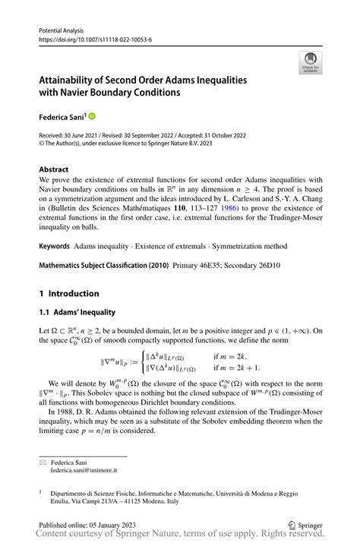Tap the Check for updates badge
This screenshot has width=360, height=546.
point(310,64)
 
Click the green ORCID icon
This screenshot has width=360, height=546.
point(93,117)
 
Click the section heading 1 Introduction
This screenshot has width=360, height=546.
point(69,293)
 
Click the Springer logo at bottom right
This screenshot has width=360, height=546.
point(305,524)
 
